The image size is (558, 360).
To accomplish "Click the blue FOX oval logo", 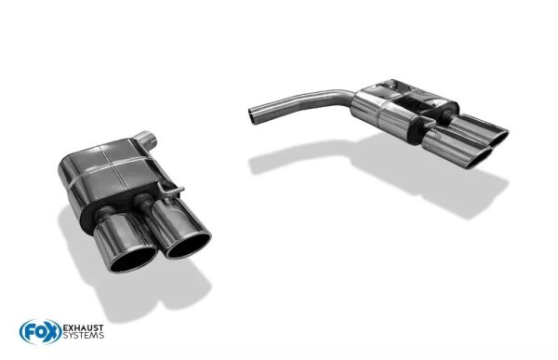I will (34, 331).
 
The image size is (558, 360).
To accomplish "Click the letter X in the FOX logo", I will (46, 331).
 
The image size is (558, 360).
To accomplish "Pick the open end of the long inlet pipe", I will (253, 113).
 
